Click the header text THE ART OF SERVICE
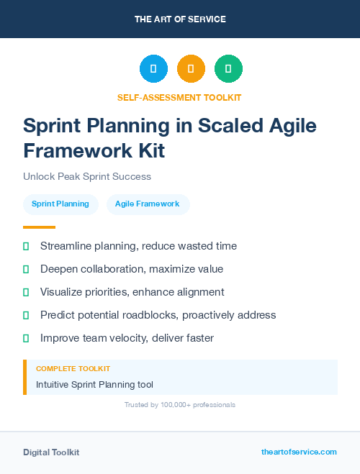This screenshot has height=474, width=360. point(180,19)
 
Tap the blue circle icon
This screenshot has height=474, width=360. point(153,69)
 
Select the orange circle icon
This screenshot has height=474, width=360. point(191,69)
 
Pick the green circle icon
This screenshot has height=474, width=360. point(228,69)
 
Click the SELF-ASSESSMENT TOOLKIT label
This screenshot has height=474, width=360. point(180,97)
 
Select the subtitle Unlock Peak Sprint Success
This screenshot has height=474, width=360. point(87,176)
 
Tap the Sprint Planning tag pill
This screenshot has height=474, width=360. point(60,204)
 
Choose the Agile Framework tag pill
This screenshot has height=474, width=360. point(148,204)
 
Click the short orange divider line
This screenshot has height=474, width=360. point(40,227)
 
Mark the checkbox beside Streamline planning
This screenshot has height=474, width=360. point(26,247)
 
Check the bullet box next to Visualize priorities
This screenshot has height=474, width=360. point(26,293)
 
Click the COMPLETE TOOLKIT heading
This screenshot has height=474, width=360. point(73,368)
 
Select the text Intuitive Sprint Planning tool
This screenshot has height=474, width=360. point(94,385)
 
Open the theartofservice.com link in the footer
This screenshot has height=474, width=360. point(299,452)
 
